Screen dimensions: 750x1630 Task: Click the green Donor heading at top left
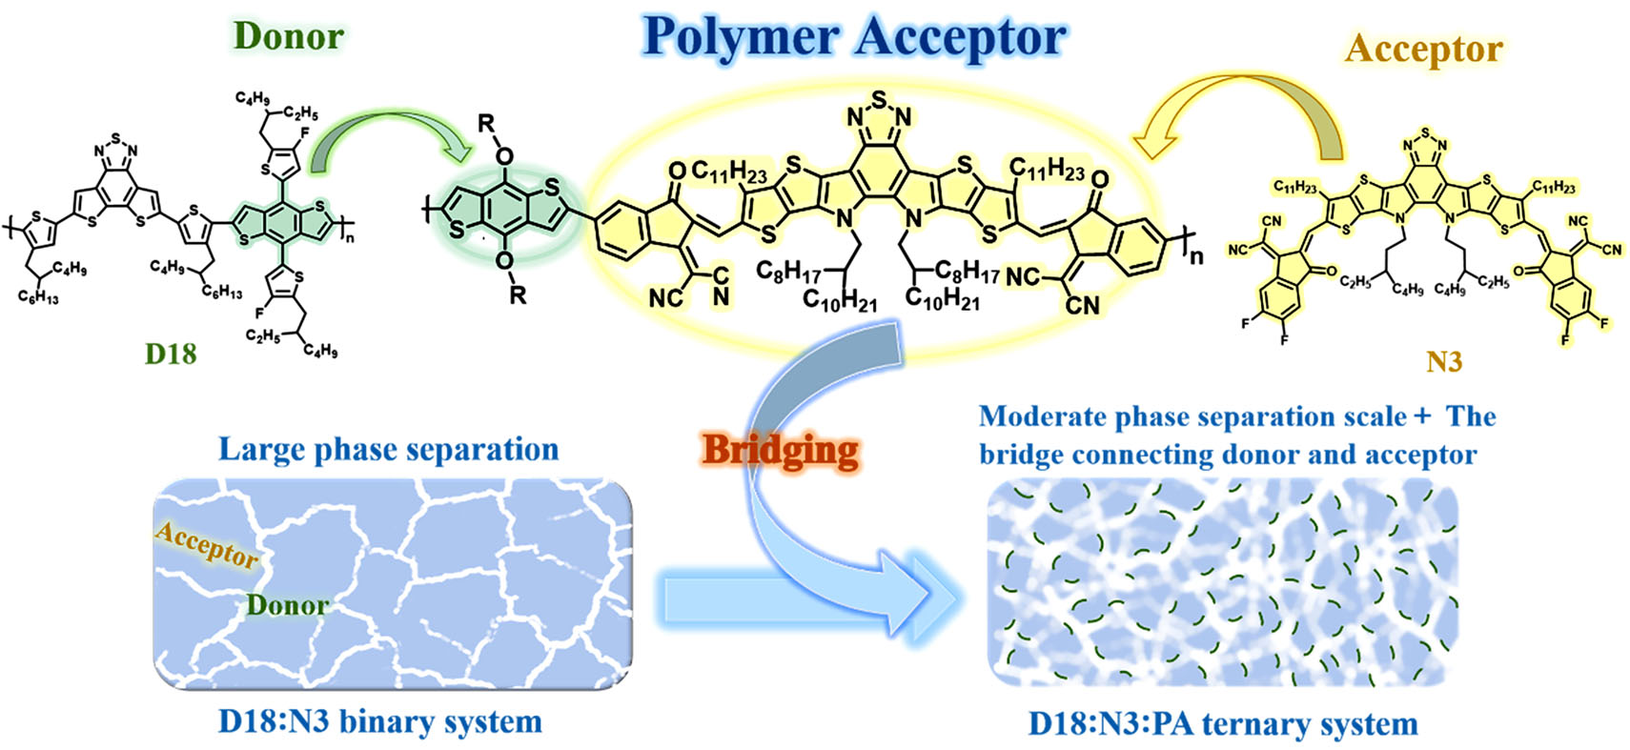coord(288,36)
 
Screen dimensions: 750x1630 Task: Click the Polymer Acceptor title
coord(854,38)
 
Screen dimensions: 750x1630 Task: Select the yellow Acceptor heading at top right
coord(1424,49)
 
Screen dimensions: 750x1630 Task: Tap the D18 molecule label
coord(171,354)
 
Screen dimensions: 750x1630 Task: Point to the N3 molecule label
coord(1443,362)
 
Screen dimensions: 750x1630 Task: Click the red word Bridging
coord(781,450)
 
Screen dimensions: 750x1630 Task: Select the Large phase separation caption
coord(388,449)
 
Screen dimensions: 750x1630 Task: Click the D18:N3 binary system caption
coord(380,721)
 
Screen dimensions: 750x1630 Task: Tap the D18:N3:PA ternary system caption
coord(1223,723)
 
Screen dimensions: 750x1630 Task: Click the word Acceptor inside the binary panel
coord(207,544)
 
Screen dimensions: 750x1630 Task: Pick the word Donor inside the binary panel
coord(287,605)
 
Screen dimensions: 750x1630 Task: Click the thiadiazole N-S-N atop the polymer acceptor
coord(878,107)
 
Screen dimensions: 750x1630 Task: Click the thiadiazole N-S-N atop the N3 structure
coord(1424,139)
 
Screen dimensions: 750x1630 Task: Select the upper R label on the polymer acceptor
coord(486,123)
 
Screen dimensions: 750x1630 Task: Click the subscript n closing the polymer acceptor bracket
coord(1196,254)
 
